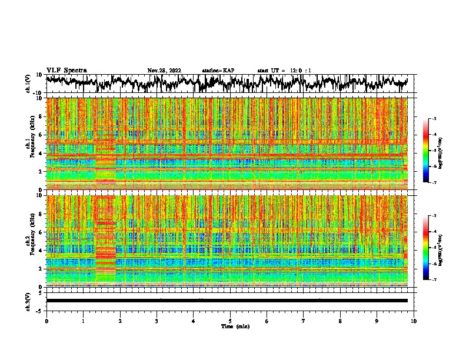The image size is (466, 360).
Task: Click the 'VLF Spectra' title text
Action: pos(66,70)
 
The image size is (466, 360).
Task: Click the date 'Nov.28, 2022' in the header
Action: pos(164,71)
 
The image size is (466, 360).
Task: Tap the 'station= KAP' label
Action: pos(218,71)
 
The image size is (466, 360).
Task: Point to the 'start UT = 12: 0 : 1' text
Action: pos(284,71)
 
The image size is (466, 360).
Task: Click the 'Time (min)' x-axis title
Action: pos(235,326)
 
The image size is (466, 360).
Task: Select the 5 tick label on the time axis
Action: pos(231,321)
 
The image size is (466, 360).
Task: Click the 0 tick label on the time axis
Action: pos(46,321)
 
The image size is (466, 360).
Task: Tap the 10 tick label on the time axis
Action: pos(414,321)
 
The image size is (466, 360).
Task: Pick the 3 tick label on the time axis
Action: pos(157,321)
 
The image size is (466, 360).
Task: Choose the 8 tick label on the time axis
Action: pos(341,321)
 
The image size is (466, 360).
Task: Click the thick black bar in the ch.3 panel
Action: pos(227,301)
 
